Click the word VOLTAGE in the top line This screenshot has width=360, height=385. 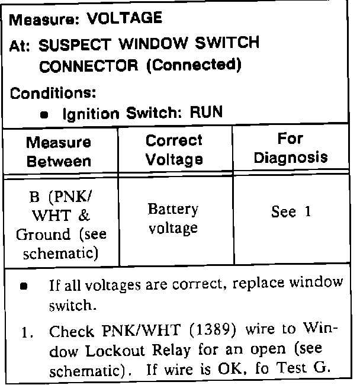(124, 18)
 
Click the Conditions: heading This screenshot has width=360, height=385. (53, 93)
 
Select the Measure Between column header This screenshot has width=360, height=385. (59, 152)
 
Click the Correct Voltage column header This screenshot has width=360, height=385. (174, 149)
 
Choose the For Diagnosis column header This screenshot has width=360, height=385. (290, 148)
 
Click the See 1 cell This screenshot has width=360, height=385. (291, 212)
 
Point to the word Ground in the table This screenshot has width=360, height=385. (43, 235)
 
